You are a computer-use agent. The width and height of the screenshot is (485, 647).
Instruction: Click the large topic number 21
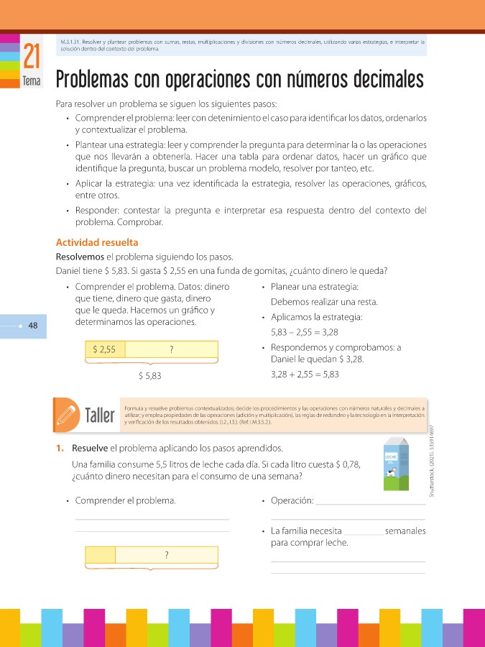pyautogui.click(x=31, y=57)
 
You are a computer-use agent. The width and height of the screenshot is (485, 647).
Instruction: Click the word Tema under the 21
pyautogui.click(x=31, y=82)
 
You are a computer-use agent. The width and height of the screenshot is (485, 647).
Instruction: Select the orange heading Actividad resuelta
pyautogui.click(x=97, y=242)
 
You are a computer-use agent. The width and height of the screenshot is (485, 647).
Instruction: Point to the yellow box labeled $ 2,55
pyautogui.click(x=105, y=350)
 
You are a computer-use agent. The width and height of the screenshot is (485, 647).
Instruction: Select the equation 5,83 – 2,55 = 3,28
pyautogui.click(x=304, y=333)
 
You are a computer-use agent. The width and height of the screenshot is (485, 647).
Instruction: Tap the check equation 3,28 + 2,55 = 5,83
pyautogui.click(x=305, y=375)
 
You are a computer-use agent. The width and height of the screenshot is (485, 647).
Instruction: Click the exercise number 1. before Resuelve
pyautogui.click(x=61, y=449)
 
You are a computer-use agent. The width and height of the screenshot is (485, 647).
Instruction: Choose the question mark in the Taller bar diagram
pyautogui.click(x=166, y=555)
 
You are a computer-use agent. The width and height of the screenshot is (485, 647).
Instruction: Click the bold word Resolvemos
pyautogui.click(x=79, y=257)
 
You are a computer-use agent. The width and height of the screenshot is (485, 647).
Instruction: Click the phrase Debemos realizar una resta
pyautogui.click(x=319, y=301)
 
